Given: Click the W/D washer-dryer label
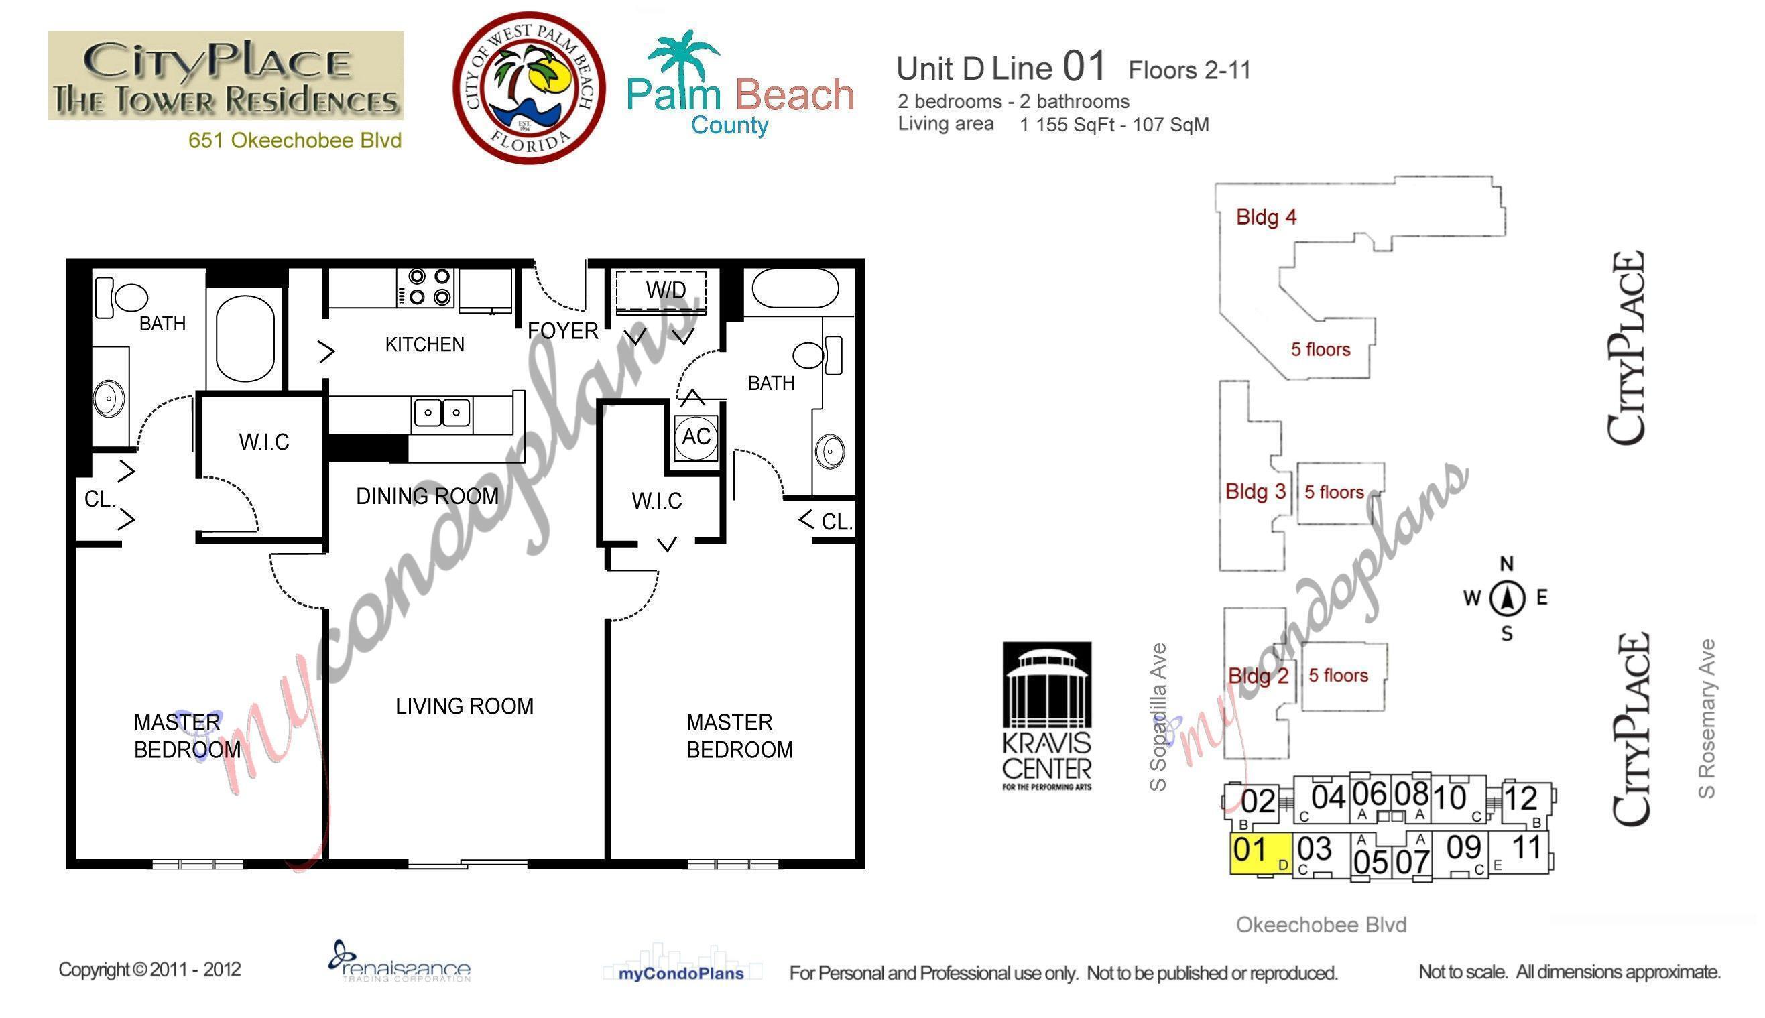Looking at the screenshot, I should [665, 290].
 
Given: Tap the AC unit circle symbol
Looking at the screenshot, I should [696, 436].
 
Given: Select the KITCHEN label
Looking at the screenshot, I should [424, 344].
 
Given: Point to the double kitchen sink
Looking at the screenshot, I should [441, 413].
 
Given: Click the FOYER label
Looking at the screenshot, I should [562, 330].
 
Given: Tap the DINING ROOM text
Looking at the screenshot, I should [426, 496].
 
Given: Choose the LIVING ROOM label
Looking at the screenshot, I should [465, 706].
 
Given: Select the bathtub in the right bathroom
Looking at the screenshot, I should [795, 288].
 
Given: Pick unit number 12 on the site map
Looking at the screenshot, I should [1520, 798].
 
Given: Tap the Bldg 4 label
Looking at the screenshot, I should [1266, 217].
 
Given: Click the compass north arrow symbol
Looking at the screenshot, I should [1507, 598].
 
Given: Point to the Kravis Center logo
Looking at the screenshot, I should [1047, 716].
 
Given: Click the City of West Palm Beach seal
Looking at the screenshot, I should [529, 87].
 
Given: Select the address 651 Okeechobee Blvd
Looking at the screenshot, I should [294, 141].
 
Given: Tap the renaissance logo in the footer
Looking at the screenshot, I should [400, 963].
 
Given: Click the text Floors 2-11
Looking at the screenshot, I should [1189, 70].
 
